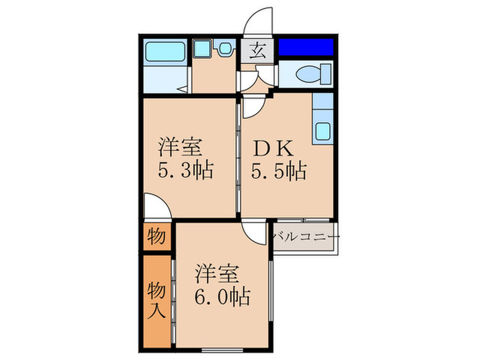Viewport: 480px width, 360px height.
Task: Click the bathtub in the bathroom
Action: click(165, 51)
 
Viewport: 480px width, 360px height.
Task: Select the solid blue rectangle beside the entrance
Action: click(306, 47)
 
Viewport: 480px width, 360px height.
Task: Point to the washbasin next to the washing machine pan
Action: click(224, 49)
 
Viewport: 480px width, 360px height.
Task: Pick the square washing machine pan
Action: click(202, 49)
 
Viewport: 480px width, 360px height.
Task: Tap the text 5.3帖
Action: click(184, 169)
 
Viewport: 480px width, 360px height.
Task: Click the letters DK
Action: click(273, 147)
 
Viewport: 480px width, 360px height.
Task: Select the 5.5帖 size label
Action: click(278, 169)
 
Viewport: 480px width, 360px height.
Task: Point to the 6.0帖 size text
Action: click(221, 297)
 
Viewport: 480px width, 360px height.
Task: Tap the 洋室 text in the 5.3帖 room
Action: click(182, 147)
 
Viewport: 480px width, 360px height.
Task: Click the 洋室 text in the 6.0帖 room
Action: click(218, 274)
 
